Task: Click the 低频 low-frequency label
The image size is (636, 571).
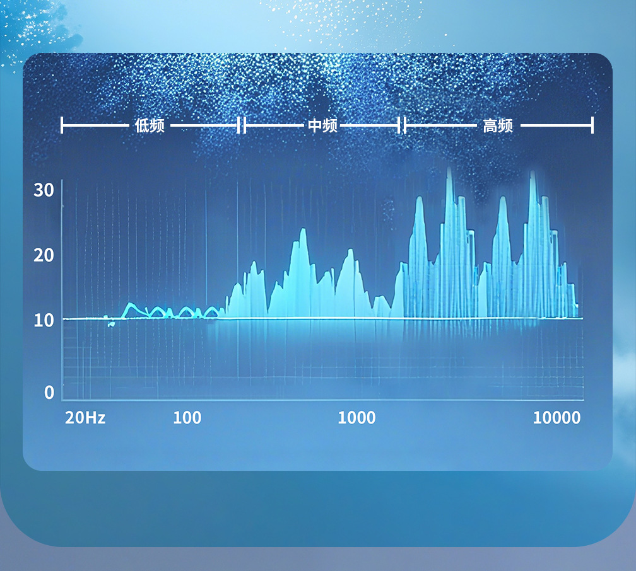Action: pyautogui.click(x=150, y=125)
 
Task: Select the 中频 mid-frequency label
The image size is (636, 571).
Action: pyautogui.click(x=322, y=125)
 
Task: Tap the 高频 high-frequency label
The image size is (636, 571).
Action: pyautogui.click(x=498, y=125)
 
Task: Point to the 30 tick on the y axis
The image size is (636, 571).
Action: pyautogui.click(x=44, y=190)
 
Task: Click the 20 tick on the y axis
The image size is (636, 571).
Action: pyautogui.click(x=44, y=255)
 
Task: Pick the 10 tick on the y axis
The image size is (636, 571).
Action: pyautogui.click(x=44, y=321)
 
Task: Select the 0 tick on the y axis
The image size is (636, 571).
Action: pyautogui.click(x=49, y=392)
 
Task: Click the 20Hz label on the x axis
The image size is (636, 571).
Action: pyautogui.click(x=85, y=417)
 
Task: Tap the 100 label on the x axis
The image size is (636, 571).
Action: pyautogui.click(x=187, y=417)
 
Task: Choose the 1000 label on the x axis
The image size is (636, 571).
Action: pyautogui.click(x=356, y=417)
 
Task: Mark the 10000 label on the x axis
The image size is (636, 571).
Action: pyautogui.click(x=556, y=417)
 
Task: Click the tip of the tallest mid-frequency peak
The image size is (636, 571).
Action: pyautogui.click(x=303, y=229)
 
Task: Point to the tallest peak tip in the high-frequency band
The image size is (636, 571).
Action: pyautogui.click(x=449, y=168)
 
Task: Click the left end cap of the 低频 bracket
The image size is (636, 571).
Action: pyautogui.click(x=61, y=125)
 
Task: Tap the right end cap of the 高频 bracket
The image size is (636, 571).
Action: pyautogui.click(x=592, y=125)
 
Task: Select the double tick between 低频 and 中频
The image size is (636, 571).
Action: pyautogui.click(x=241, y=125)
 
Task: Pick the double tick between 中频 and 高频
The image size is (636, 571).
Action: pyautogui.click(x=402, y=125)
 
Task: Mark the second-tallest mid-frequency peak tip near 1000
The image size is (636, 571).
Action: pyautogui.click(x=350, y=250)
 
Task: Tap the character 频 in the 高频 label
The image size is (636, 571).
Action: pyautogui.click(x=505, y=125)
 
